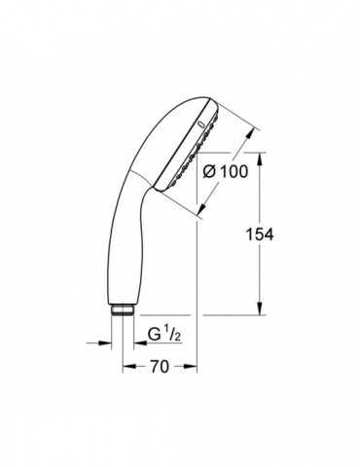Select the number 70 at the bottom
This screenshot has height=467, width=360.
(x=160, y=368)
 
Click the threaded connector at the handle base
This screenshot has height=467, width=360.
(x=123, y=309)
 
